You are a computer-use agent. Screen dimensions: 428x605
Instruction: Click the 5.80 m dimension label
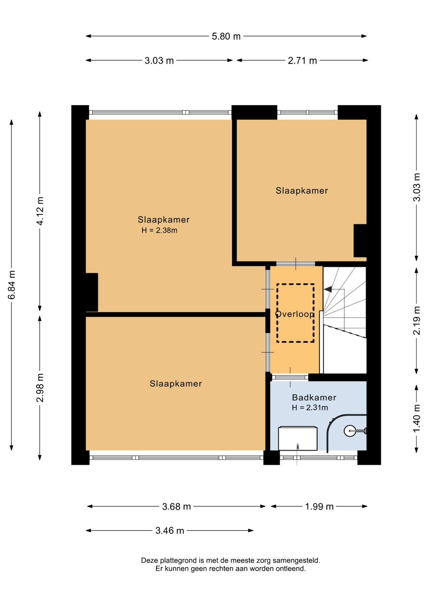click(x=226, y=36)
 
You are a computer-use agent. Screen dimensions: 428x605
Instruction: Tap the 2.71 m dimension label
click(x=302, y=60)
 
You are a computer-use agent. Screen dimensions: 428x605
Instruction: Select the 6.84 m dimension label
click(x=12, y=285)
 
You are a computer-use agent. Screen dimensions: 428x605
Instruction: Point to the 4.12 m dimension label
click(x=40, y=211)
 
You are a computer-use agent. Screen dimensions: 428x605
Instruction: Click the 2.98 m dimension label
click(x=40, y=388)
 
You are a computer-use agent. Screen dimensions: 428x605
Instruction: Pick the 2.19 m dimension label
click(x=417, y=320)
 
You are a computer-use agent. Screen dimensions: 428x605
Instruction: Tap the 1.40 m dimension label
click(x=417, y=418)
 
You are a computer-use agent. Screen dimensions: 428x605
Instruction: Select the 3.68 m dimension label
click(x=176, y=507)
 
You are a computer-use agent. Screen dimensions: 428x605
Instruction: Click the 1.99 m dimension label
click(x=319, y=507)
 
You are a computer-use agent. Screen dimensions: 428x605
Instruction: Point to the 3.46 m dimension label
click(x=170, y=531)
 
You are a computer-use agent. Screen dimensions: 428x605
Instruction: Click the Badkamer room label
click(x=314, y=398)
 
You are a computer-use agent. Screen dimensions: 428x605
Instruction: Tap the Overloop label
click(x=295, y=314)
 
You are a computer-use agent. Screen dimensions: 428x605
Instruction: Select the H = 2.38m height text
click(x=159, y=230)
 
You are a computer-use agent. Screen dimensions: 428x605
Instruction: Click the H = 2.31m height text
click(x=310, y=408)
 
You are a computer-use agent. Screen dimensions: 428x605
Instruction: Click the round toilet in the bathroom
click(x=350, y=431)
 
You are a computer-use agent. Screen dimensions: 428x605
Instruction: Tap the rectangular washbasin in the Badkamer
click(x=298, y=438)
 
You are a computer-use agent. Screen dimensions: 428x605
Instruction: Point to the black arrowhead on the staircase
click(x=328, y=289)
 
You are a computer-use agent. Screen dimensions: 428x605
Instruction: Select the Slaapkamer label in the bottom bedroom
click(x=176, y=384)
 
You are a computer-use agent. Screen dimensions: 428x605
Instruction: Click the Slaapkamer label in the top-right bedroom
click(x=302, y=191)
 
